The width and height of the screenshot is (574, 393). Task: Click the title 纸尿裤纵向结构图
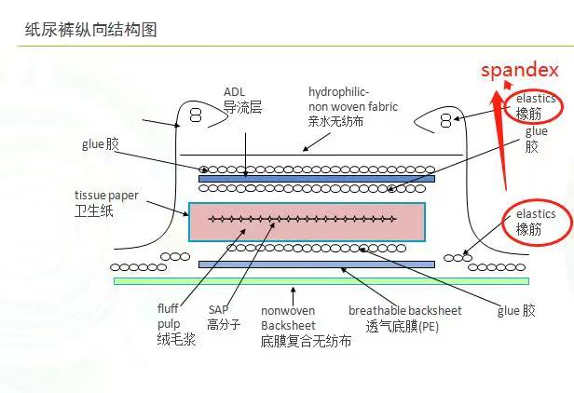coord(90,30)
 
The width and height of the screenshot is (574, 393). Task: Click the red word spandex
coord(519,70)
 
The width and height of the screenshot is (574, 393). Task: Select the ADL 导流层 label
coord(241,101)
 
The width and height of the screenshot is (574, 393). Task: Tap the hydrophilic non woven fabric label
coord(352,106)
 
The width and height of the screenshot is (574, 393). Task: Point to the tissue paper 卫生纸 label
coord(105,203)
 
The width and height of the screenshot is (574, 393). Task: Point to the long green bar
coord(321,280)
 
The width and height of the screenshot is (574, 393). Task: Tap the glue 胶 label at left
coord(101,144)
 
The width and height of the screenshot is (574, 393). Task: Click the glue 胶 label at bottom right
coord(516,310)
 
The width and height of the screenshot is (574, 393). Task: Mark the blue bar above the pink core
coord(316,179)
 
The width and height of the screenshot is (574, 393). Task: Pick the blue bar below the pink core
coord(316,264)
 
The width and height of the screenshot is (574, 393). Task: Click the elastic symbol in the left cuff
coord(196,115)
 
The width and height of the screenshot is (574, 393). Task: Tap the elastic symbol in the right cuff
coord(446,119)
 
